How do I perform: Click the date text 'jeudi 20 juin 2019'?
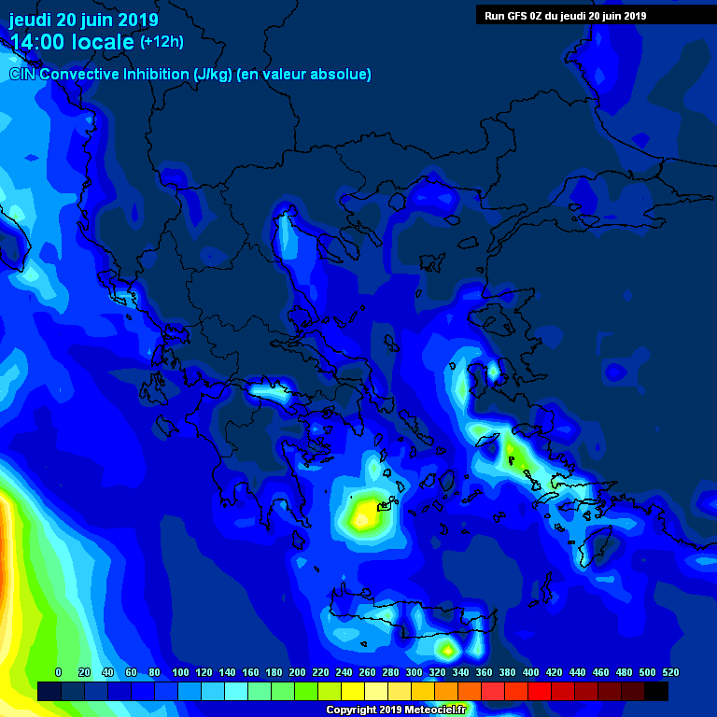tap(84, 20)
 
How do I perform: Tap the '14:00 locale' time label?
tap(73, 43)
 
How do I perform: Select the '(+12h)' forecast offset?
tap(162, 43)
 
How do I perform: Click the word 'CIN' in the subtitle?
tap(21, 74)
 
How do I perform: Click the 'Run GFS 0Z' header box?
tap(565, 15)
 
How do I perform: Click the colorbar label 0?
tap(58, 672)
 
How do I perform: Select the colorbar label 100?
tap(180, 672)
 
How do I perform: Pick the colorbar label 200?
tap(297, 672)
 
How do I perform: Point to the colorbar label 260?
tap(367, 672)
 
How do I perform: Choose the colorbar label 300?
tap(414, 672)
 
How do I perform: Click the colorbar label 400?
tap(530, 672)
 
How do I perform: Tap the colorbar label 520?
tap(670, 672)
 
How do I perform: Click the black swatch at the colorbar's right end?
tap(656, 692)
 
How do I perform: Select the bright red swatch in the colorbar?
tap(540, 692)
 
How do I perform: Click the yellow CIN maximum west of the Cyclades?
tap(363, 513)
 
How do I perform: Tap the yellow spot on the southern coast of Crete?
tap(448, 649)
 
